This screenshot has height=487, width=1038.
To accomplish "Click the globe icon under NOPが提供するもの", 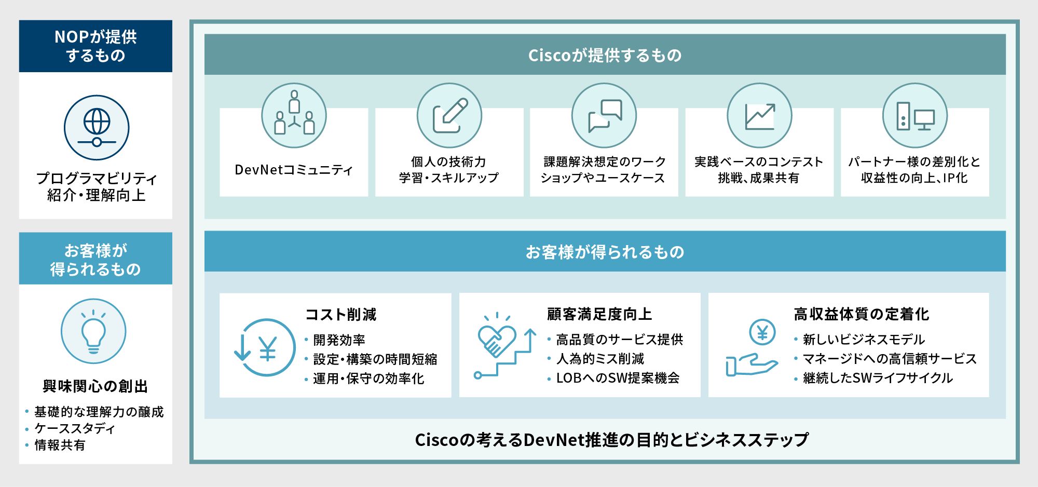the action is click(x=97, y=128).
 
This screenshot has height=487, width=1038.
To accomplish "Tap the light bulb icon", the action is click(x=93, y=331).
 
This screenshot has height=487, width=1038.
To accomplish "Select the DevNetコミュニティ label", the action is click(x=294, y=170).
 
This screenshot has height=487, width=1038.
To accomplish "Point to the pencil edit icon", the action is click(x=449, y=115).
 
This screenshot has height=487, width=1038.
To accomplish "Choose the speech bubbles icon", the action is click(x=604, y=115).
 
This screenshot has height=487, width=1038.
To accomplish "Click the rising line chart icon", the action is click(x=760, y=115).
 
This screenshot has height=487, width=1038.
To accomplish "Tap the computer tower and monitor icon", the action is click(x=915, y=115).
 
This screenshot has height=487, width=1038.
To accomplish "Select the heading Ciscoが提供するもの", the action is click(x=605, y=55).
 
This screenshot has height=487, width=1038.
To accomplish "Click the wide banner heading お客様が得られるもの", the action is click(x=605, y=252).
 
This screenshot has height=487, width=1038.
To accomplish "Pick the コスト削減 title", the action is click(x=341, y=314).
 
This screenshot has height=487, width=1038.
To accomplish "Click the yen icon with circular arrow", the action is click(x=265, y=347).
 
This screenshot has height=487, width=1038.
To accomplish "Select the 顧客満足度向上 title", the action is click(x=599, y=314).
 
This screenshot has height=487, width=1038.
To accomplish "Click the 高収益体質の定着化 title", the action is click(x=862, y=314).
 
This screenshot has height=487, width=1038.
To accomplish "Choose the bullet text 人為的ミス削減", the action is click(x=600, y=359).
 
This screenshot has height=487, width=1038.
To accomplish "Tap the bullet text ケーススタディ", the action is click(x=75, y=428).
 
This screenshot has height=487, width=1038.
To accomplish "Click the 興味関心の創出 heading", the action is click(x=95, y=386).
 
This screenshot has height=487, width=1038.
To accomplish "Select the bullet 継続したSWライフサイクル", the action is click(x=878, y=378).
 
